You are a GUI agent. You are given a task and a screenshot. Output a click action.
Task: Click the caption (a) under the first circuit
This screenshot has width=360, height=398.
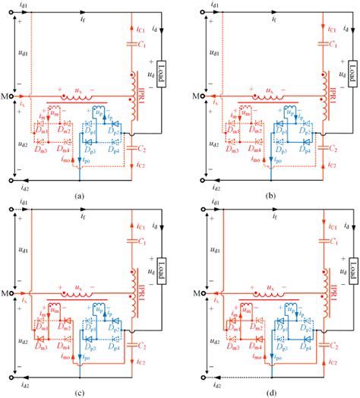pyautogui.click(x=79, y=195)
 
